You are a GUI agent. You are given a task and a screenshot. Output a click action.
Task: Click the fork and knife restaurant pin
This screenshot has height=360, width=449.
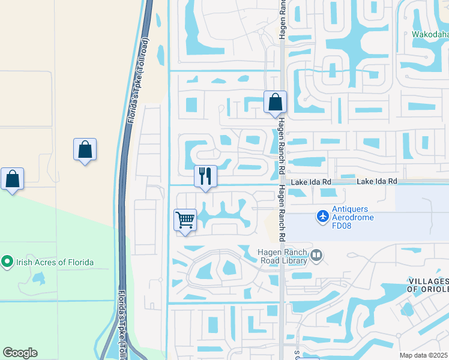(205, 176)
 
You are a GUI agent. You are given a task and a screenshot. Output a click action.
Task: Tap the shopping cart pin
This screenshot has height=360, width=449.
(185, 220)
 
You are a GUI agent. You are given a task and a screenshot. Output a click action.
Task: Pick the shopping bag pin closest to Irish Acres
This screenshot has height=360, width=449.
(12, 178)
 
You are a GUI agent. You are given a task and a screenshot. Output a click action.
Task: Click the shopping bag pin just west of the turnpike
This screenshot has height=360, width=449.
(85, 149)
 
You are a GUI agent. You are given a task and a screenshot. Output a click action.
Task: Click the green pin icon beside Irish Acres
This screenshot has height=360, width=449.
(7, 262)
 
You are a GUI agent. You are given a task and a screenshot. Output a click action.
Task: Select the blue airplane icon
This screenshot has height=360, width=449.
(323, 214)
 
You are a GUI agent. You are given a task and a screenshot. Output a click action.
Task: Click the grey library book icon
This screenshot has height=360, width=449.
(316, 257)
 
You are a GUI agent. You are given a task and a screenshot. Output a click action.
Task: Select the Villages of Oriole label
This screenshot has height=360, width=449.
(428, 285)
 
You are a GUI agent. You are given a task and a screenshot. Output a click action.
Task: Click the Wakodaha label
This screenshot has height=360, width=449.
(430, 34)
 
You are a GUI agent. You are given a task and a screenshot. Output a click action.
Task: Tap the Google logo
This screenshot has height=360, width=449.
(20, 353)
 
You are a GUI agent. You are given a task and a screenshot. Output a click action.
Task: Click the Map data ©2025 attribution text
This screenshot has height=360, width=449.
(424, 355)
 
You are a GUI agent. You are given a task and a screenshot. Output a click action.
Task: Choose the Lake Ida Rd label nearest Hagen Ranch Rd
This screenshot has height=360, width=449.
(311, 181)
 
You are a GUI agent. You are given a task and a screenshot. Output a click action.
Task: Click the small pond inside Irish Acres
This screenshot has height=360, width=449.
(39, 278)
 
